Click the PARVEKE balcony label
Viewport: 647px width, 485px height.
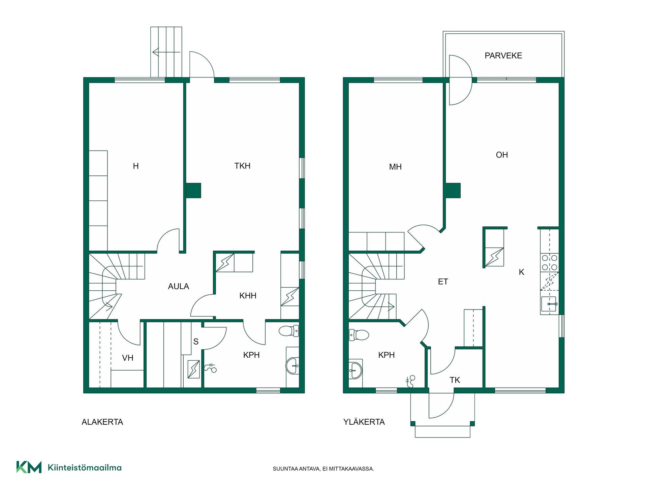pyautogui.click(x=503, y=56)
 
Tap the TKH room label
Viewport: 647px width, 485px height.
pyautogui.click(x=242, y=166)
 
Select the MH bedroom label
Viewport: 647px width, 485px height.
pyautogui.click(x=395, y=167)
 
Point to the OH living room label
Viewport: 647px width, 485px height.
pyautogui.click(x=502, y=155)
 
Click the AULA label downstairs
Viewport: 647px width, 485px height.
pyautogui.click(x=179, y=286)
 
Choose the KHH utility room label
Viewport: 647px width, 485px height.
pyautogui.click(x=248, y=296)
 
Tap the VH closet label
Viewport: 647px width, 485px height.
pyautogui.click(x=128, y=358)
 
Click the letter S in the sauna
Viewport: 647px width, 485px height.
pyautogui.click(x=196, y=342)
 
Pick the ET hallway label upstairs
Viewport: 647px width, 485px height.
pyautogui.click(x=443, y=282)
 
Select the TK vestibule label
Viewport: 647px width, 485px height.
pyautogui.click(x=455, y=380)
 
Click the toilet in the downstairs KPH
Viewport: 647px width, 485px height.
pyautogui.click(x=289, y=331)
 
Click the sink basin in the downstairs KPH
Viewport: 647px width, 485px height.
pyautogui.click(x=292, y=366)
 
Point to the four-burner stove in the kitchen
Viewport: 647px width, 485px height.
pyautogui.click(x=549, y=263)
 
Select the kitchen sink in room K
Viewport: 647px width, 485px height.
pyautogui.click(x=549, y=304)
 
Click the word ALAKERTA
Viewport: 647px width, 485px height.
pyautogui.click(x=102, y=422)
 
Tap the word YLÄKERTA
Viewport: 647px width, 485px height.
pyautogui.click(x=364, y=422)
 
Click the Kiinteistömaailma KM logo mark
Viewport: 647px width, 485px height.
pyautogui.click(x=29, y=467)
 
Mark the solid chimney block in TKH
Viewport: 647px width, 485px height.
pyautogui.click(x=193, y=190)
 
